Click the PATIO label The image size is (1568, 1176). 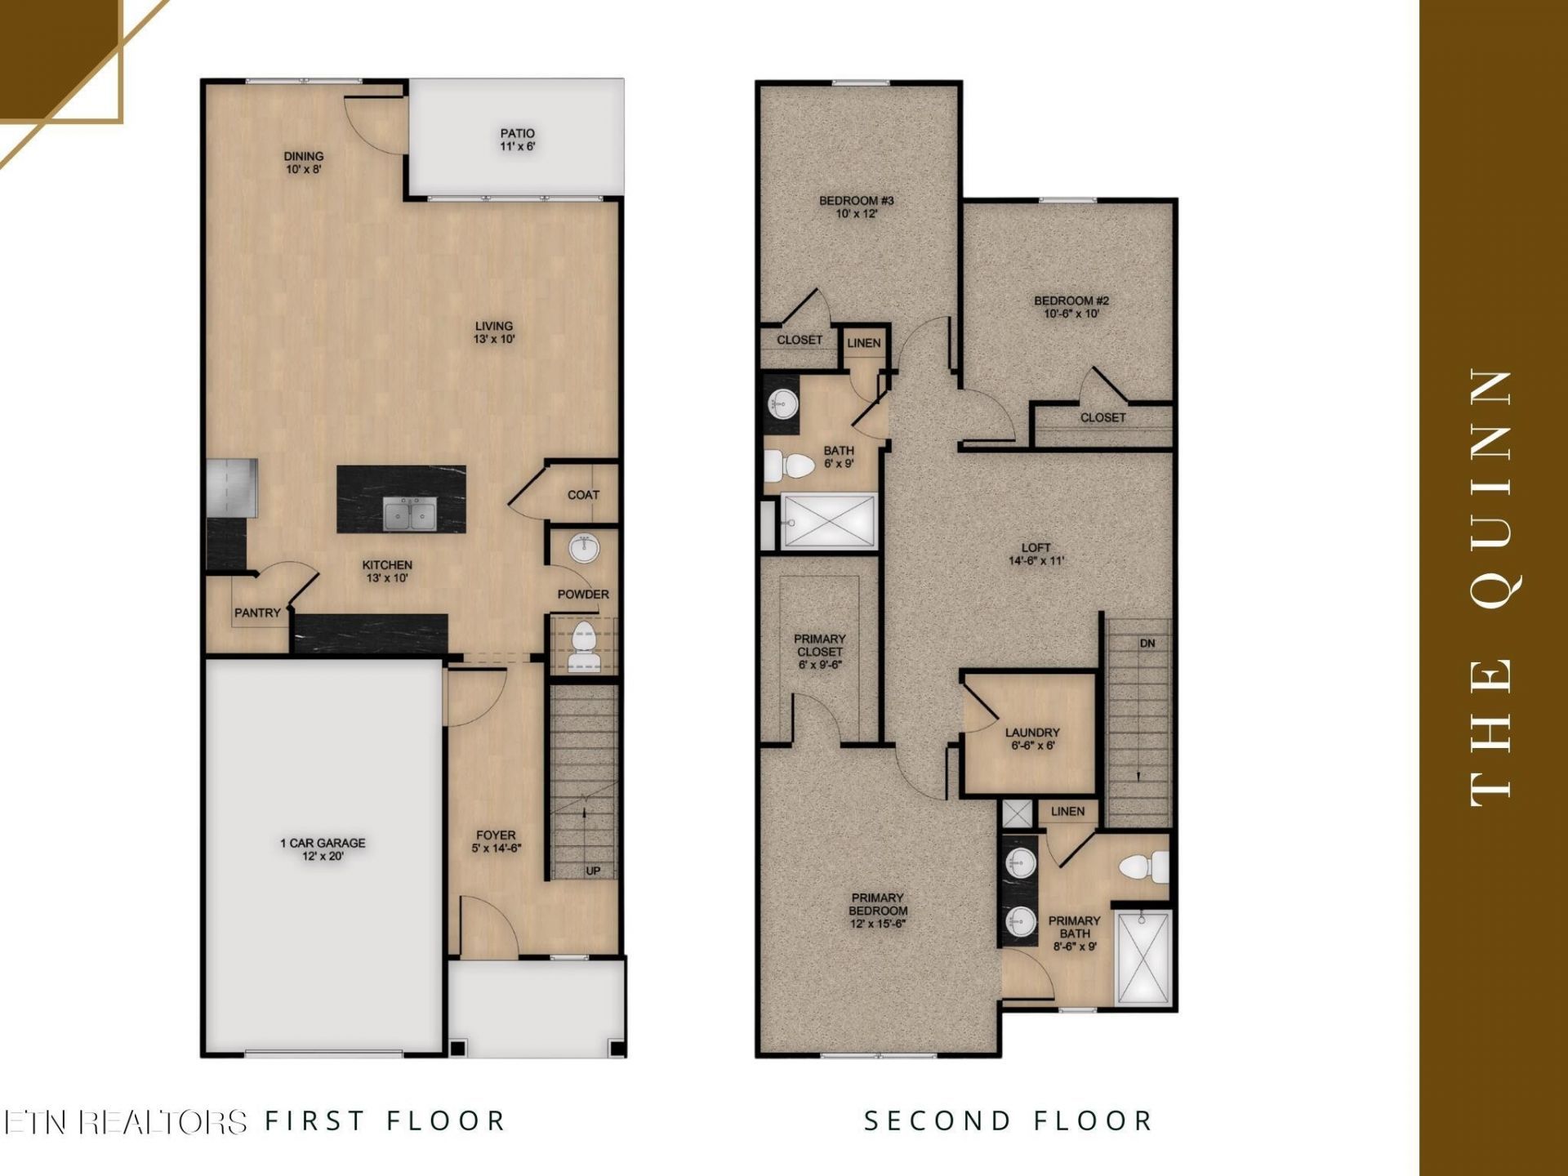(x=518, y=133)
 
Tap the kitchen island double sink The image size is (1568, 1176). (x=411, y=514)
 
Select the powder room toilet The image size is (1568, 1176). (x=583, y=647)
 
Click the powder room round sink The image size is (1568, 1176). (x=584, y=549)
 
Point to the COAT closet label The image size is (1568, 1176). (x=583, y=495)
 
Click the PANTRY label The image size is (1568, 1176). (x=257, y=612)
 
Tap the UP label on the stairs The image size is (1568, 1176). (x=593, y=871)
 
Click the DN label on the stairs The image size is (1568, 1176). (x=1147, y=644)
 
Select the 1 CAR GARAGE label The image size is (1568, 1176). (x=323, y=843)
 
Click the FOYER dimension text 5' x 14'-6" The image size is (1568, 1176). (x=496, y=849)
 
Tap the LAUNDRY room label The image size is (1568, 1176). (x=1032, y=733)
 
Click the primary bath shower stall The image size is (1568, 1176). (x=1143, y=957)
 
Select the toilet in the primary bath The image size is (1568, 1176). (x=1144, y=866)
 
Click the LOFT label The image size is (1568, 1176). (x=1036, y=547)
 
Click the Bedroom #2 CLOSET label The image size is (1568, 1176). (x=1103, y=417)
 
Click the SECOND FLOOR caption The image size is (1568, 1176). (x=1008, y=1120)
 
